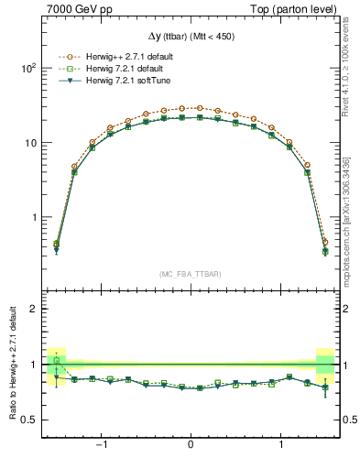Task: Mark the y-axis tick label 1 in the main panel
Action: (32, 218)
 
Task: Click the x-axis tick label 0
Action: (190, 447)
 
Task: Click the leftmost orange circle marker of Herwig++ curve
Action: (56, 244)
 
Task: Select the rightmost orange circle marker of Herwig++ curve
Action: (324, 242)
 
